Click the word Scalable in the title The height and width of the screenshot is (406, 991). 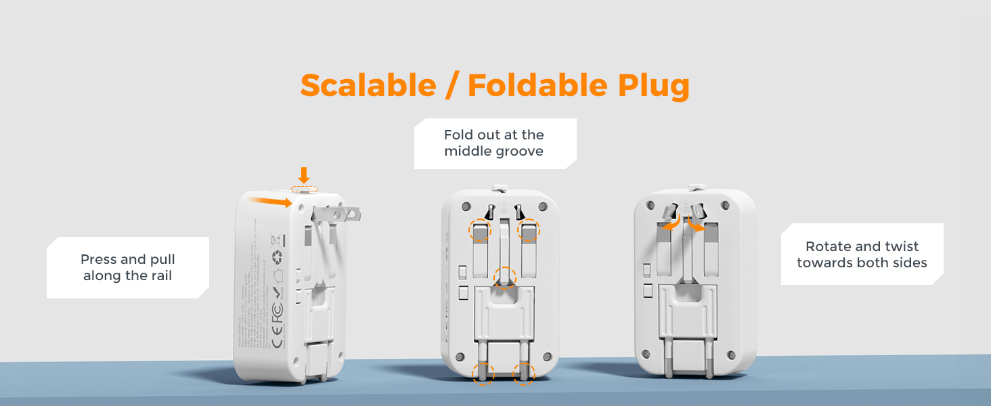(368, 86)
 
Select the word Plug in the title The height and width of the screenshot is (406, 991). (653, 86)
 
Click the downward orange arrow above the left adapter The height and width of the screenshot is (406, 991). (304, 175)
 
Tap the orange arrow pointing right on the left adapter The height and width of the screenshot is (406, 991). (270, 200)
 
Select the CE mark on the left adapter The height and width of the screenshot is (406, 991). (277, 335)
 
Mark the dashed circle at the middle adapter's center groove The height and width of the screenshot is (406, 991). (504, 277)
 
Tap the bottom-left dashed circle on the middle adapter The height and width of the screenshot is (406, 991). (483, 373)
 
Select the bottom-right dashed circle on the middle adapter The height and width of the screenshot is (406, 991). (523, 373)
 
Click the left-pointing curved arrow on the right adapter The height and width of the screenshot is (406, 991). (671, 224)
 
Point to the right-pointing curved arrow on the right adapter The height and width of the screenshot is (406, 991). (697, 224)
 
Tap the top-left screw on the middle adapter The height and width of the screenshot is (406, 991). (466, 206)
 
